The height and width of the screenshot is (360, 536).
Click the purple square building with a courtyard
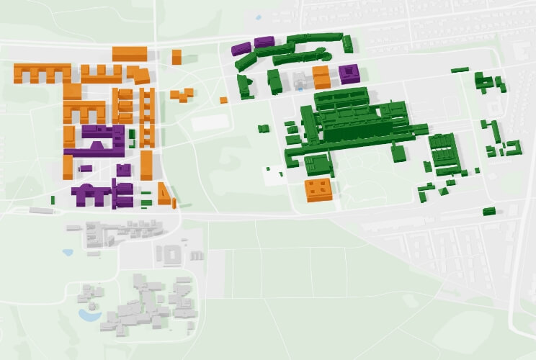pos(349,73)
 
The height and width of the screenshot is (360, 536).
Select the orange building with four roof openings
pos(318,189)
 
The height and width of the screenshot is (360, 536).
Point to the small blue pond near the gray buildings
pos(68,253)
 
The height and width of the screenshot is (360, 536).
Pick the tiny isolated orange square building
pos(223,100)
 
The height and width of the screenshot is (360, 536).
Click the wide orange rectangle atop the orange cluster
pos(130,53)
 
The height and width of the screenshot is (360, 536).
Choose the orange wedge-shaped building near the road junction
pos(164,194)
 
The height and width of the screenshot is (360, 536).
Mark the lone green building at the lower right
pos(489,211)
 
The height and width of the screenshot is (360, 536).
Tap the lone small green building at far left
pos(54,199)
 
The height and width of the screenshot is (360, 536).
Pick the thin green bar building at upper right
pos(460,70)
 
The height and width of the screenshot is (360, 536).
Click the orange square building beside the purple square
pos(321,76)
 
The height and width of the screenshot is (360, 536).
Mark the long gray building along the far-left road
pos(40,210)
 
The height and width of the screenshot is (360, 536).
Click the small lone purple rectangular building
pos(85,168)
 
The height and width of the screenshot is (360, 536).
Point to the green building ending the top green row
pos(348,44)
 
